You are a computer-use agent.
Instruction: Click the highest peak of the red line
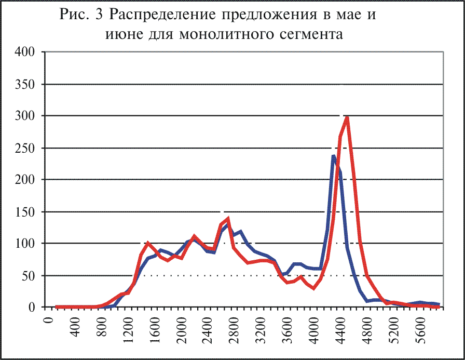[x=347, y=117]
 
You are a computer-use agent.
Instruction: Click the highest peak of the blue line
[x=334, y=155]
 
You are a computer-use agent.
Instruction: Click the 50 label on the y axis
[x=30, y=276]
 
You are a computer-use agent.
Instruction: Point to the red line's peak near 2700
[x=228, y=219]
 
